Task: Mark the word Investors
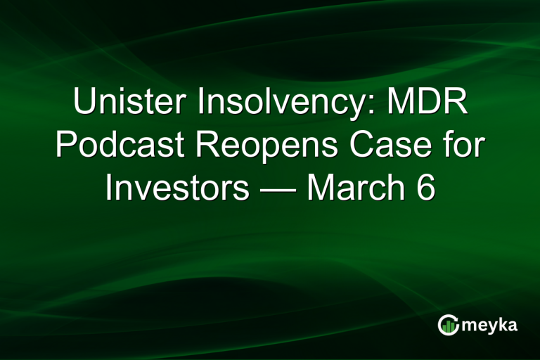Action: [x=176, y=188]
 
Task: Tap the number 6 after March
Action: [x=425, y=188]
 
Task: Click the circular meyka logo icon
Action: [x=448, y=326]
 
